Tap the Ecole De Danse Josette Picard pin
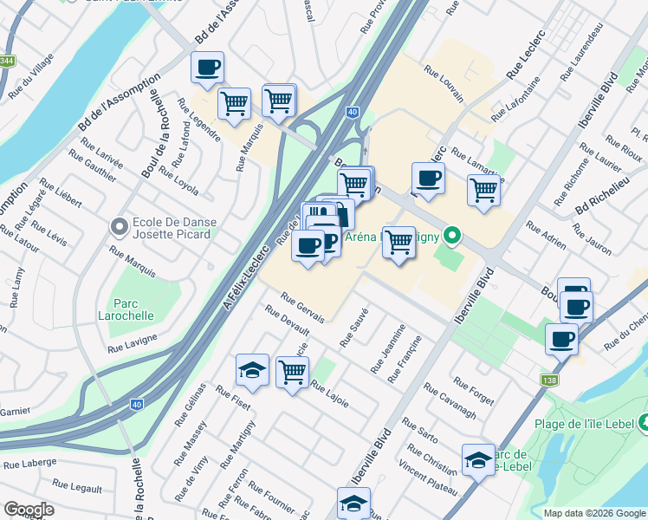tap(120, 228)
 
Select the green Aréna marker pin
tap(450, 235)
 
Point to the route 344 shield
tap(7, 61)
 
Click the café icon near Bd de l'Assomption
tap(208, 68)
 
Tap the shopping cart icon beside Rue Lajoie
tap(293, 372)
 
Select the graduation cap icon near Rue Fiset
tap(252, 370)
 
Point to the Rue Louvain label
tap(444, 84)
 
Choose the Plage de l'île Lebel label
tap(586, 424)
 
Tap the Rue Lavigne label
tap(133, 343)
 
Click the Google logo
tap(29, 510)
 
